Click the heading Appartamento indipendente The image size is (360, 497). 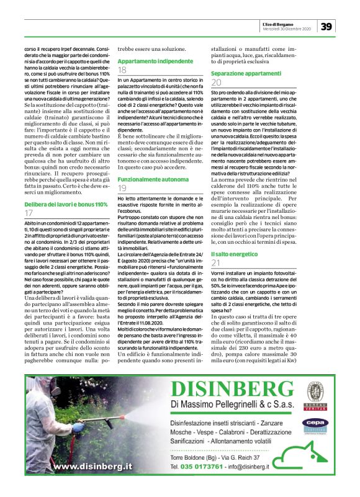pyautogui.click(x=155, y=62)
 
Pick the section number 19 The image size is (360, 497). pyautogui.click(x=122, y=171)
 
